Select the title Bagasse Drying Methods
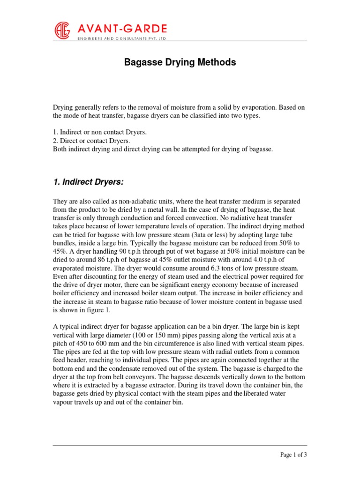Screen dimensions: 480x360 pyautogui.click(x=180, y=62)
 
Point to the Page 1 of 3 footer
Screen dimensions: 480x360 pyautogui.click(x=293, y=454)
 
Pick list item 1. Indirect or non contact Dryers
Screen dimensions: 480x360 pyautogui.click(x=99, y=133)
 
